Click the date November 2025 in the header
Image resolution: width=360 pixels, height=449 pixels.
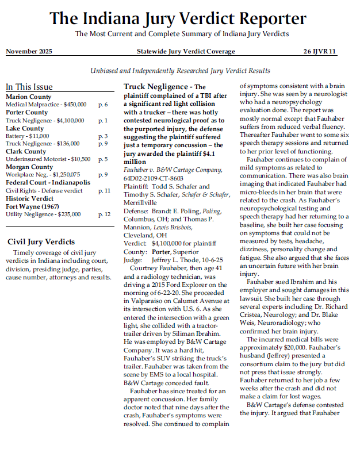[x=29, y=52]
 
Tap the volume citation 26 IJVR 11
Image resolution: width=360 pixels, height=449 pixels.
[x=320, y=52]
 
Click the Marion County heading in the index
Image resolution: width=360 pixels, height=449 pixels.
[x=28, y=97]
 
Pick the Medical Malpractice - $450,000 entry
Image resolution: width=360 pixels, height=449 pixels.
[x=46, y=105]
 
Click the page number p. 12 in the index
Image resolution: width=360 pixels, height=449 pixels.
[x=104, y=214]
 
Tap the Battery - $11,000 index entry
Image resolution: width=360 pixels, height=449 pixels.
[x=28, y=136]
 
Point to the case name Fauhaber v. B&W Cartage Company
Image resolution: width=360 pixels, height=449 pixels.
[x=173, y=170]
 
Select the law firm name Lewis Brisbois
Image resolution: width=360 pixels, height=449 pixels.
[x=176, y=227]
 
